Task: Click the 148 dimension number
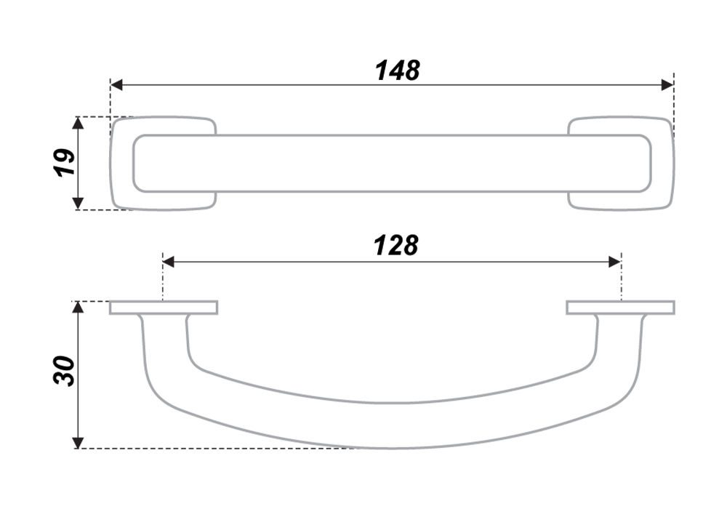(x=398, y=71)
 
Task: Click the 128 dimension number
(x=396, y=246)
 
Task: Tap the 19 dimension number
(x=65, y=162)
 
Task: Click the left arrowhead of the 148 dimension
(x=116, y=85)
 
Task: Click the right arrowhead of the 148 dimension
(x=667, y=85)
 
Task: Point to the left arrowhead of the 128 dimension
(x=169, y=262)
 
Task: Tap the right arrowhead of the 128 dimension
(x=615, y=262)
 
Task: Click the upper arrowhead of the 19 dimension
(x=79, y=123)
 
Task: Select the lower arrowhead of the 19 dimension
(x=79, y=203)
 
